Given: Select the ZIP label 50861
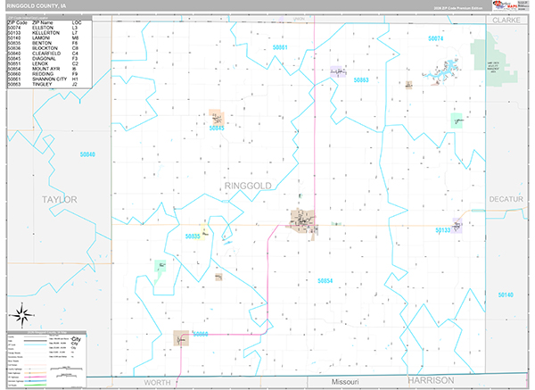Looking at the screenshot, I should click(282, 46).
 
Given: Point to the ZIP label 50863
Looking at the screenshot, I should click(361, 80).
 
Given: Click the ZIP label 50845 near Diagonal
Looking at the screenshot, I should click(217, 128).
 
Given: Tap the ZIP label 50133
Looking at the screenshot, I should click(443, 230).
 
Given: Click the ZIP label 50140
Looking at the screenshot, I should click(506, 295).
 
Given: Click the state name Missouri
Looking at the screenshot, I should click(343, 381).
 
